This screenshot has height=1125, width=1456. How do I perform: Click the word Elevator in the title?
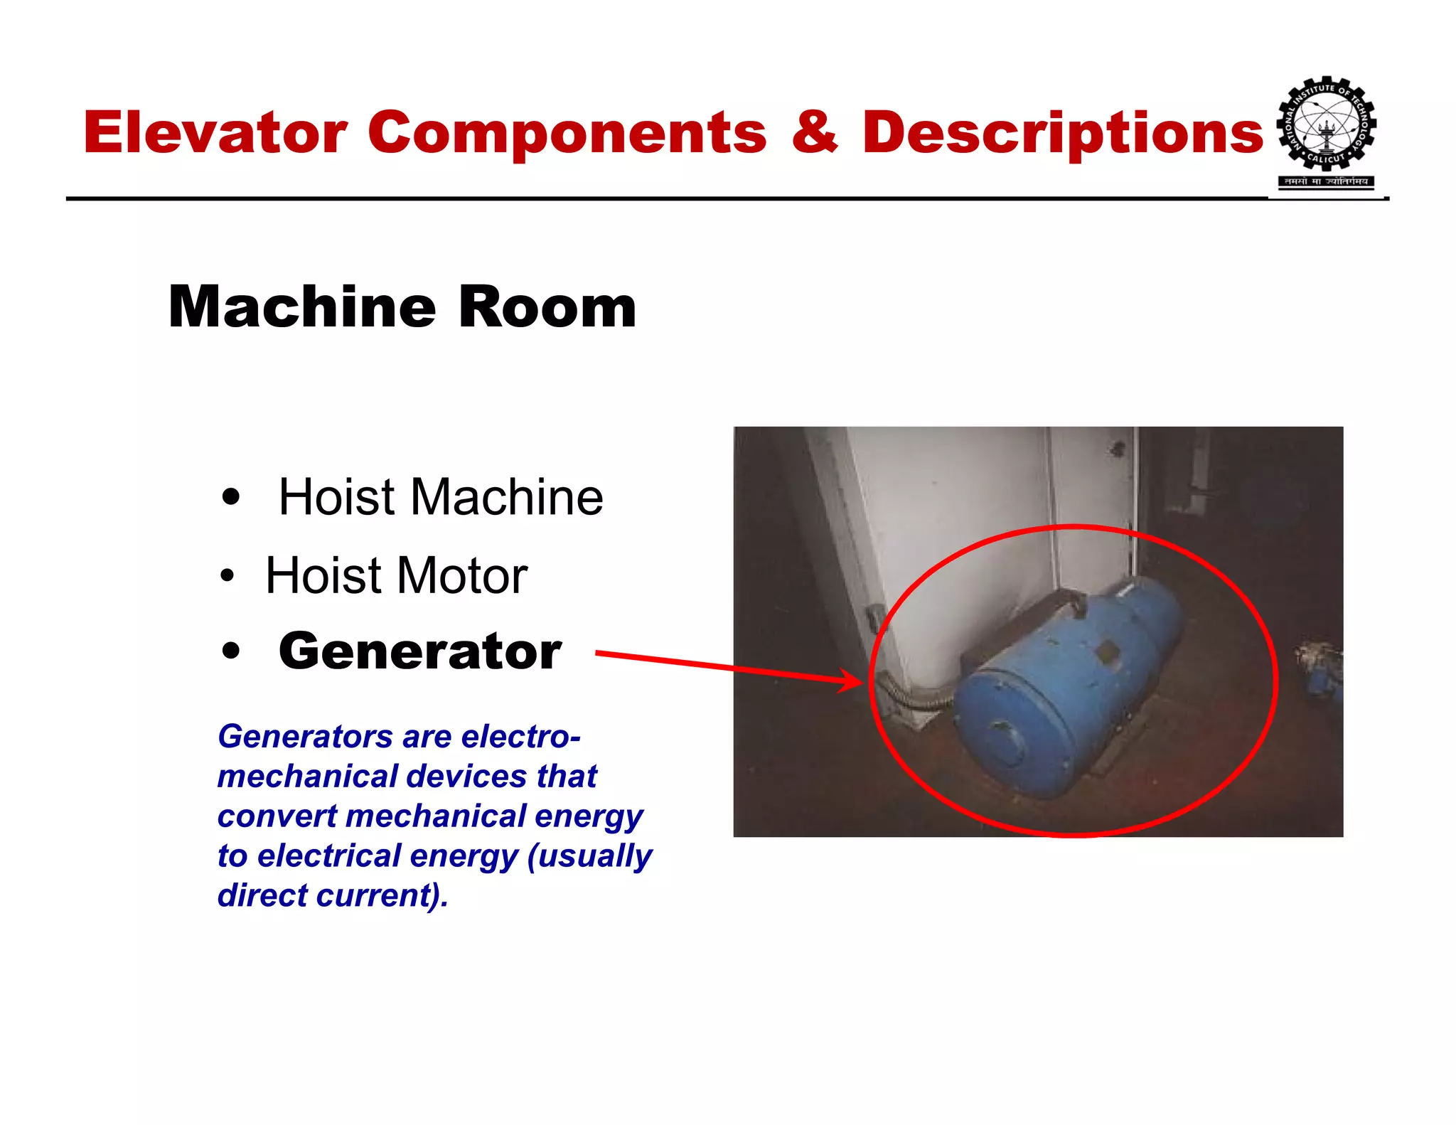coord(215,133)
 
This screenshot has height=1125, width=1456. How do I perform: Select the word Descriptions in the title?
coord(1063,133)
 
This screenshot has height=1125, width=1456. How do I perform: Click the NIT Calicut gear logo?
coord(1327,125)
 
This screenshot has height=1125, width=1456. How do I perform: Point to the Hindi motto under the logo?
coord(1327,181)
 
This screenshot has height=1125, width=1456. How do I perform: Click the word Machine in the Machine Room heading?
coord(302,307)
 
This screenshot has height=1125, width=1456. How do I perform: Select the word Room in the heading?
coord(547,307)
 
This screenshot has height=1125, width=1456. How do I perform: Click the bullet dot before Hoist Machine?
coord(230,497)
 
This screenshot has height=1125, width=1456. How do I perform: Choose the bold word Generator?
coord(420,651)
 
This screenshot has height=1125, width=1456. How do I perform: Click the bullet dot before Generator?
coord(230,651)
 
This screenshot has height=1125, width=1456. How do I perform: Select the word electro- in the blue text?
coord(520,737)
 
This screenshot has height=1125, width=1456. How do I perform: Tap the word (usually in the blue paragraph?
coord(589,856)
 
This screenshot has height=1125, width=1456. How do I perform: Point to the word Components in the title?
coord(567,133)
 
